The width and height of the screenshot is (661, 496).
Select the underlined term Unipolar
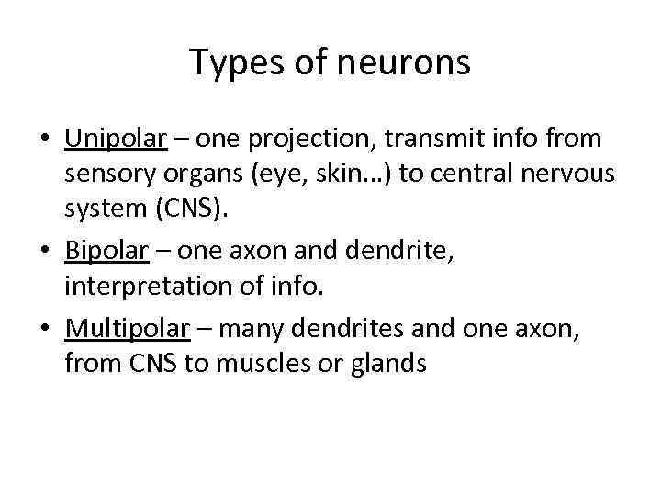[116, 140]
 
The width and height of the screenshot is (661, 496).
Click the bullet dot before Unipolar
[45, 141]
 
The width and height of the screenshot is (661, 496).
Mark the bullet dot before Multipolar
[45, 326]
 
